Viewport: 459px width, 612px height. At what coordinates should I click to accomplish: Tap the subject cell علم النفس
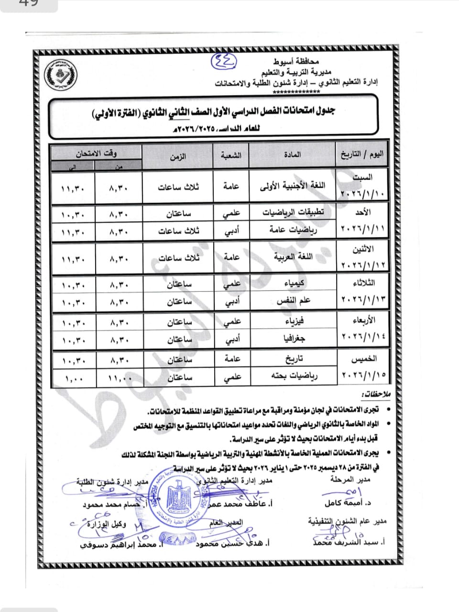293,301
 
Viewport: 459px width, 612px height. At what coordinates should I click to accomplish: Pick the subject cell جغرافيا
293,339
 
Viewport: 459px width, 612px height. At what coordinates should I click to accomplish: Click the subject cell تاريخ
293,359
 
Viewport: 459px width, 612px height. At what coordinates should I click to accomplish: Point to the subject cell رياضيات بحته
293,377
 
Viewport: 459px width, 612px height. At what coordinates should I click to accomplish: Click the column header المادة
292,155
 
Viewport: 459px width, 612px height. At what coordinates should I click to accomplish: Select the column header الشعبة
231,155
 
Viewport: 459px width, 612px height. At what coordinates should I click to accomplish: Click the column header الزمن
178,156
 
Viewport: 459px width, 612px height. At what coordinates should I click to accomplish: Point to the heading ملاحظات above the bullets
376,394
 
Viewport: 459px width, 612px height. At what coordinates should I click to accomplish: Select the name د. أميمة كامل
348,503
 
